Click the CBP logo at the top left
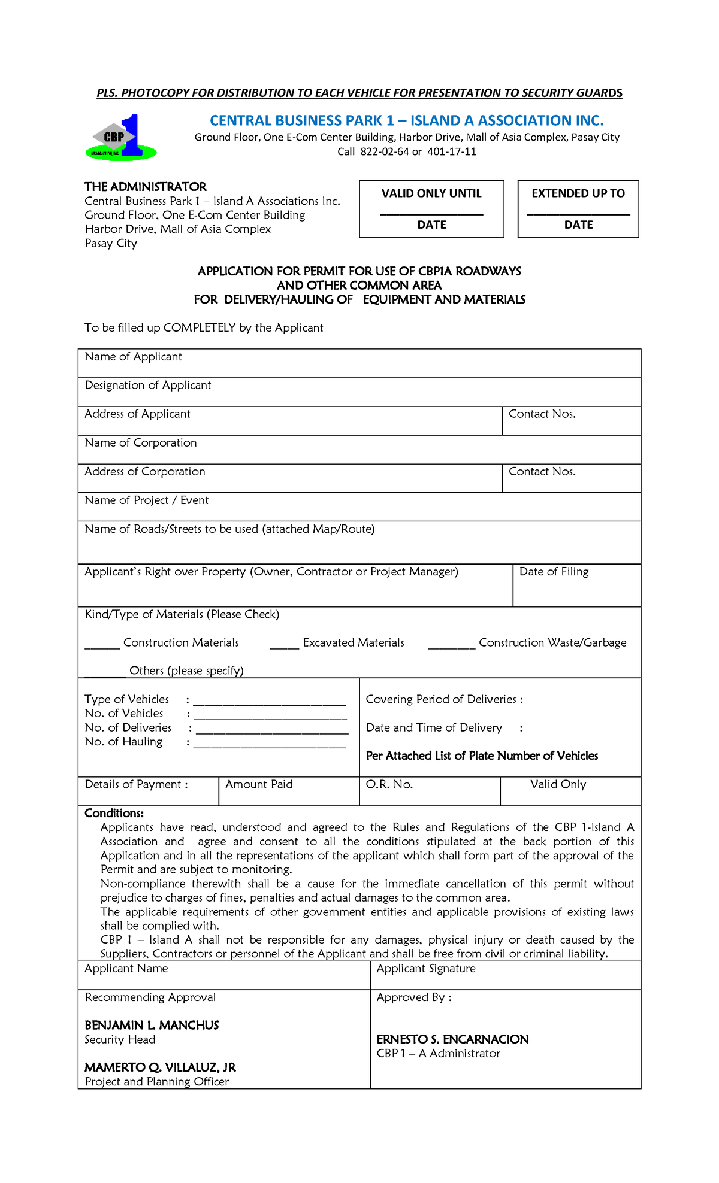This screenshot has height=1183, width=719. (x=121, y=138)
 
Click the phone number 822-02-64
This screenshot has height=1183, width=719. (x=384, y=152)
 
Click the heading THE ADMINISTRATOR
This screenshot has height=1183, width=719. (x=146, y=187)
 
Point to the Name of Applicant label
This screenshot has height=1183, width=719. (x=133, y=357)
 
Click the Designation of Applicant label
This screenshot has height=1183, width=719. (x=147, y=386)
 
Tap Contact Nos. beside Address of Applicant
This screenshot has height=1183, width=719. (x=542, y=414)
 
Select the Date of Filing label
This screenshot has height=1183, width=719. (x=554, y=572)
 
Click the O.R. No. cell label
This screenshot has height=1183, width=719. (x=389, y=785)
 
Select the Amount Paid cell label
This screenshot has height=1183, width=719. (x=259, y=785)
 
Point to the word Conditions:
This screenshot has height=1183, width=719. (x=114, y=814)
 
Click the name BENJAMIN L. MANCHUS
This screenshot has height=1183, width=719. (x=152, y=1026)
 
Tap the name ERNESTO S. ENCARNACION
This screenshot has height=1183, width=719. (x=452, y=1039)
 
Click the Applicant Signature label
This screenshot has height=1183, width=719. (x=426, y=969)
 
